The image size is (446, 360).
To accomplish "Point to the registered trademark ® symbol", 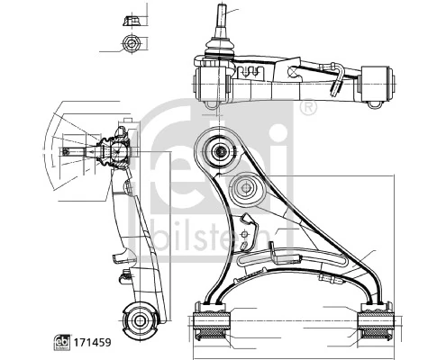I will click(309, 108).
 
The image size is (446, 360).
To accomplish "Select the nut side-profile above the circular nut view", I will click(132, 18).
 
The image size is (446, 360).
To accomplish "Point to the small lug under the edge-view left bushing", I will click(213, 106).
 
